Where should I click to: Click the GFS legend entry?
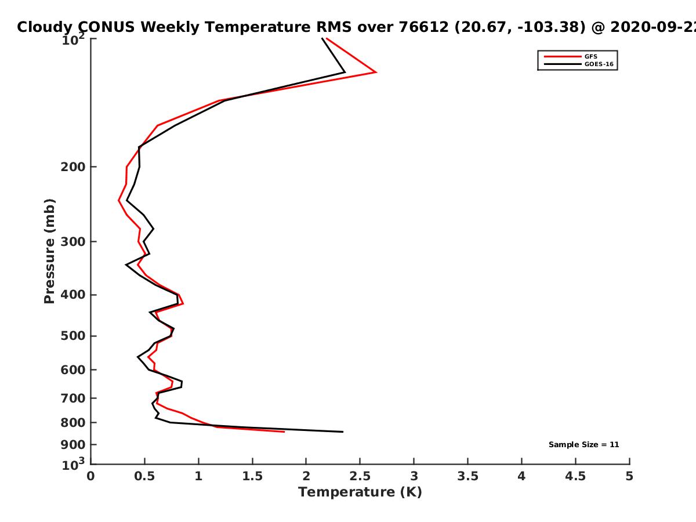591,56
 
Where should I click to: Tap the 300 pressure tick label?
73,242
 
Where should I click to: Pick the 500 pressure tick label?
73,336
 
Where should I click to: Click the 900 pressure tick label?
73,445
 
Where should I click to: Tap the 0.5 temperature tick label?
145,476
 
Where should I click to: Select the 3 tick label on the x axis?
414,476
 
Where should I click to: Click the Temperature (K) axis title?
360,492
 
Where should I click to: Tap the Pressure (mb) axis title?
49,251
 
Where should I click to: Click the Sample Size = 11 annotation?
583,445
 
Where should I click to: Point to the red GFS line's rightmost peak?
376,72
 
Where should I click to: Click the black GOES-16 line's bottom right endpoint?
343,432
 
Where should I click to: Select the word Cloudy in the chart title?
45,27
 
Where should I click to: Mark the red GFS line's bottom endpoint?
284,432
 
